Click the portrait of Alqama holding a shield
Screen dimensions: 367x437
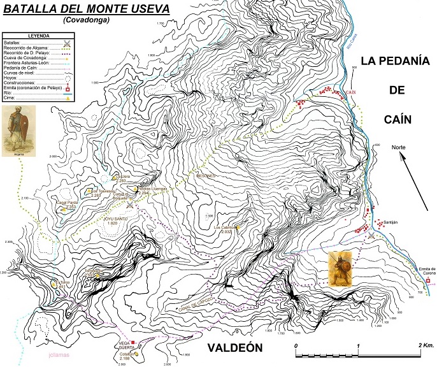pyautogui.click(x=17, y=130)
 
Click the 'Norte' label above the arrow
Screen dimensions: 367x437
pyautogui.click(x=399, y=147)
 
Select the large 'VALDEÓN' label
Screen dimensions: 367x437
pyautogui.click(x=234, y=348)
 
